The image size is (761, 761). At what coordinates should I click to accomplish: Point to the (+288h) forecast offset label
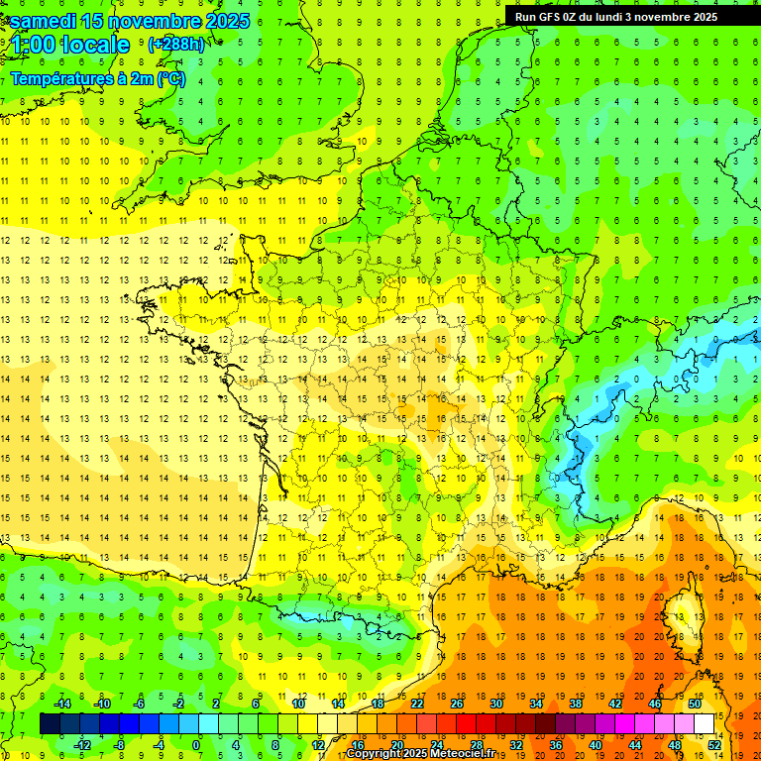(x=175, y=45)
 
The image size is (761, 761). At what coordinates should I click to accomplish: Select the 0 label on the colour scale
(x=197, y=745)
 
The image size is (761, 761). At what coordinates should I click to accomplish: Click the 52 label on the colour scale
(x=714, y=745)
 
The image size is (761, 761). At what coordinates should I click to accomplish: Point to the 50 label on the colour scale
(x=695, y=704)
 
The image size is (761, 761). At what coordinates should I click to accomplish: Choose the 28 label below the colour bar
(x=476, y=745)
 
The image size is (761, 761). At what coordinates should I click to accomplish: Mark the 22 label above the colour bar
(x=417, y=704)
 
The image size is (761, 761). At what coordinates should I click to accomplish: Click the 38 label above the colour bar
(x=576, y=704)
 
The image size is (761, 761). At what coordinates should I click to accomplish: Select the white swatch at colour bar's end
(x=705, y=723)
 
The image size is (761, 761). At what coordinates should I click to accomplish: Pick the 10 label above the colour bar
(x=298, y=704)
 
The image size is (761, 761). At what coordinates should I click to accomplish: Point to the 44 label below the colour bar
(x=635, y=745)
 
